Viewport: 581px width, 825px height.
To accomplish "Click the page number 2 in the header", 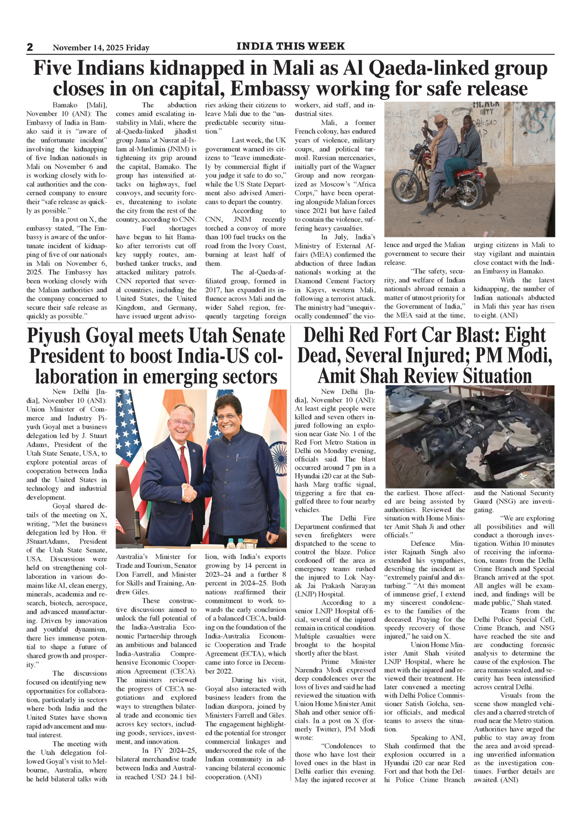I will (30, 47).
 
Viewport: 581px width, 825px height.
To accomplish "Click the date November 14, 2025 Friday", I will (101, 48).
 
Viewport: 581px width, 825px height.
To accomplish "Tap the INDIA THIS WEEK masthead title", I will (290, 46).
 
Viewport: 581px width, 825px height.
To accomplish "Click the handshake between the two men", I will (189, 493).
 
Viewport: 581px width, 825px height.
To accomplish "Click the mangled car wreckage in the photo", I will (468, 439).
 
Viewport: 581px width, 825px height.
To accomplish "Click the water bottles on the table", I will (237, 543).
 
